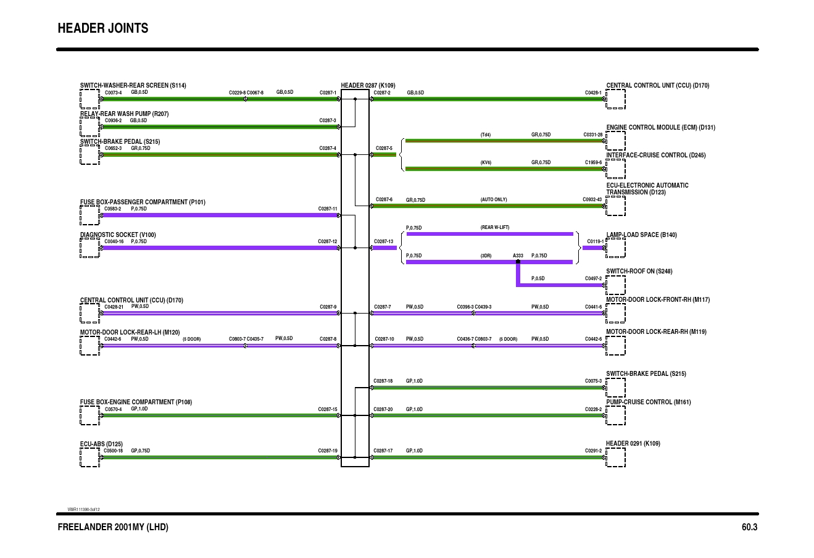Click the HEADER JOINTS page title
[102, 28]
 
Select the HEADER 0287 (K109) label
[368, 86]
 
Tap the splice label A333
[518, 256]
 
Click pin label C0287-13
[383, 241]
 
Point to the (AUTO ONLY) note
[493, 199]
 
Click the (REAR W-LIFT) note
[494, 227]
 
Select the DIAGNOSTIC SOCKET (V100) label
[118, 235]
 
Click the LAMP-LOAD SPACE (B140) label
[641, 235]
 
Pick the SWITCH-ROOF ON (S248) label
[639, 271]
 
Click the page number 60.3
[749, 527]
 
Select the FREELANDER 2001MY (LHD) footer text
[112, 527]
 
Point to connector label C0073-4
[113, 93]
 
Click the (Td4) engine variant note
[485, 135]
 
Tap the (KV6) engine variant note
[485, 162]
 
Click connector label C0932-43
[592, 199]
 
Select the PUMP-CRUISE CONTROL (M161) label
[648, 402]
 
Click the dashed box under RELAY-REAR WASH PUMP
[89, 127]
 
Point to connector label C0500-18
[113, 451]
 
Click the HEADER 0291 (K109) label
[633, 443]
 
